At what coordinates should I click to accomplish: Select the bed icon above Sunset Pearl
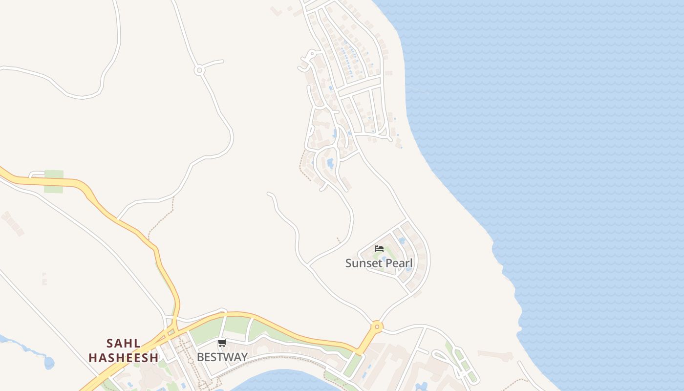(379, 249)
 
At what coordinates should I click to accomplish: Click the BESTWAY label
(222, 357)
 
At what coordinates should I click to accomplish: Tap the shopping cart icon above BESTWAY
(222, 343)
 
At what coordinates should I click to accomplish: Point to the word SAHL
(124, 344)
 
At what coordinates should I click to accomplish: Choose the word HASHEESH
(124, 358)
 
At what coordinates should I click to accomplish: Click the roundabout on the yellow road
(376, 326)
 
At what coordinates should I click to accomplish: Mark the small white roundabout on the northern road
(199, 70)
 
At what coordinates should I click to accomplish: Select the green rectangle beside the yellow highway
(54, 181)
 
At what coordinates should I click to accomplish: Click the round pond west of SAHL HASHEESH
(49, 363)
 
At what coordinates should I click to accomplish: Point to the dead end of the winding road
(269, 194)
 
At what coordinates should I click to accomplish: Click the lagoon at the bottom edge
(283, 381)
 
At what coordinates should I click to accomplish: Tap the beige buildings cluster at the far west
(12, 223)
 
